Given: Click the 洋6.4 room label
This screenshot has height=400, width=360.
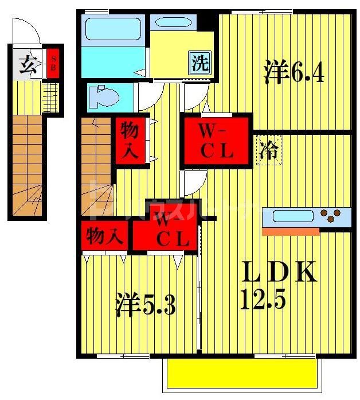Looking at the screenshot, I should point(294,72).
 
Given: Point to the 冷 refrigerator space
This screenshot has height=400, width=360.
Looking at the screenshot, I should point(268,150).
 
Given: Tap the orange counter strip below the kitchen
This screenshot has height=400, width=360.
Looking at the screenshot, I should point(290,231).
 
